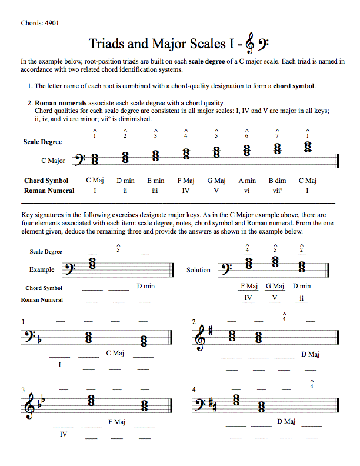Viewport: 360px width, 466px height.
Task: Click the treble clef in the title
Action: (x=251, y=44)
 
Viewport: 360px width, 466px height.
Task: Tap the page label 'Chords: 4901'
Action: (x=39, y=23)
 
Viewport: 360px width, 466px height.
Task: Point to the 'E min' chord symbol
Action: (x=156, y=181)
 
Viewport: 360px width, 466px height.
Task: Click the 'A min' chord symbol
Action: (x=247, y=181)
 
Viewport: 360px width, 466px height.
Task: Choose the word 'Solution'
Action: (x=198, y=270)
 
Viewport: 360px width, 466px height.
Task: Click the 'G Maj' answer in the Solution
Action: (x=275, y=287)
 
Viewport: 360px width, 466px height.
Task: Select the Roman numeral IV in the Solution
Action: (x=248, y=298)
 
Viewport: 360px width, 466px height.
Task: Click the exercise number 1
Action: (x=23, y=322)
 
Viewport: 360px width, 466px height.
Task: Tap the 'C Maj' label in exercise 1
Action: (x=115, y=353)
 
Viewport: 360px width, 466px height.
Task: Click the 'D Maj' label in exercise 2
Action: (x=310, y=354)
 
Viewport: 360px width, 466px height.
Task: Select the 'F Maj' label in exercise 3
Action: (x=116, y=422)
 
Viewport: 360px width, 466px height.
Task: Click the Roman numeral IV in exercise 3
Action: (x=64, y=434)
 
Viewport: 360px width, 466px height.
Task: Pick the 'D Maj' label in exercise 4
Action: (x=286, y=421)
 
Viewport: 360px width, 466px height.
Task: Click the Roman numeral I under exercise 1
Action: (x=60, y=365)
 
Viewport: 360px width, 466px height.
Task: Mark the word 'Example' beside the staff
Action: (x=42, y=270)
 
